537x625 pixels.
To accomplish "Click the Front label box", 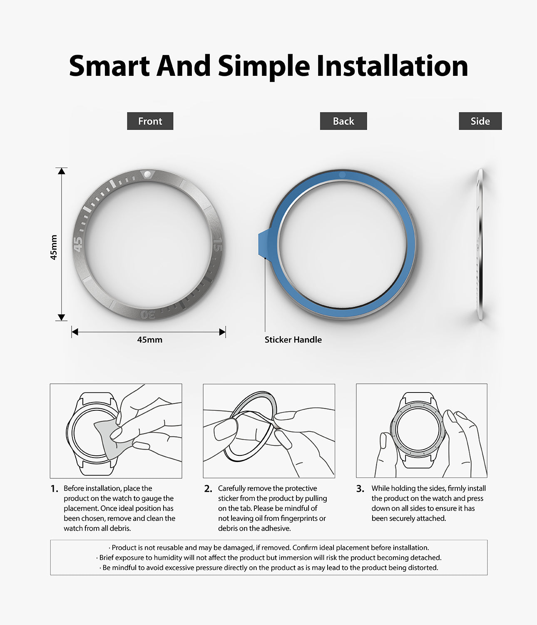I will (x=150, y=121).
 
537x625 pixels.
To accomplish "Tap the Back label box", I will (x=343, y=121).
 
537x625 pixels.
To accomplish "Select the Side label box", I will (x=480, y=121).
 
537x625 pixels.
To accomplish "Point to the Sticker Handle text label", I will (x=293, y=340).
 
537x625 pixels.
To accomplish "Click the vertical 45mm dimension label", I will (x=54, y=247).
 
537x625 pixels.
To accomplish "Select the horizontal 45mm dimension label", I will (x=149, y=340).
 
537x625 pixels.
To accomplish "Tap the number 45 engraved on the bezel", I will (x=78, y=244).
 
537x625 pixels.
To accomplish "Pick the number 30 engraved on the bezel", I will (x=148, y=314).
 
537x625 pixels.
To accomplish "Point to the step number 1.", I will (x=54, y=489).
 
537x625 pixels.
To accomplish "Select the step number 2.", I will (x=208, y=489).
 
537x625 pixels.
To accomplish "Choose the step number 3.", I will (x=360, y=489).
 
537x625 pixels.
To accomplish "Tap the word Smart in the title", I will (x=109, y=66).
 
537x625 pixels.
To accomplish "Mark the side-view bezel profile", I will (x=480, y=244).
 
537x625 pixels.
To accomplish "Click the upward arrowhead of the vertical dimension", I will (x=62, y=171).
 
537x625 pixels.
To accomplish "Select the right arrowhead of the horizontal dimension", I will (x=222, y=332).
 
